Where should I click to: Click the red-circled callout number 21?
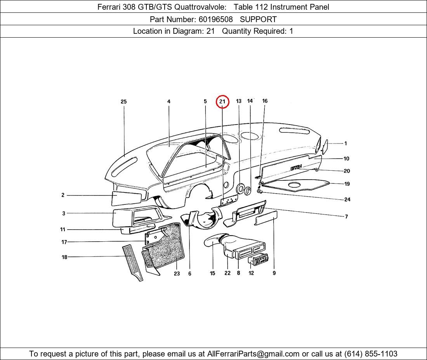coord(222,102)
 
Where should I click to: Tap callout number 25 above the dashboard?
coord(123,102)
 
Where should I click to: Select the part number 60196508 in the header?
coord(216,19)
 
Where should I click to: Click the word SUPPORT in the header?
coord(258,19)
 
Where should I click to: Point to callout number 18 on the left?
coord(64,257)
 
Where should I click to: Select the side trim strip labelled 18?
coord(133,263)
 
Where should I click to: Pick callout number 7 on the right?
coord(346,216)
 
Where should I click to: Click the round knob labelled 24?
coord(260,192)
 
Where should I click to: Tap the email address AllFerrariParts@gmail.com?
coord(253,354)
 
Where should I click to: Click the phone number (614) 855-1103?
coord(371,354)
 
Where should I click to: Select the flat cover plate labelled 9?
coord(266,218)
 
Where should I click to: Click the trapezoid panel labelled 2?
coord(127,198)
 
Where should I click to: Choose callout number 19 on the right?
coord(347,184)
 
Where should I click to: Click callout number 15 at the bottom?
coord(212,273)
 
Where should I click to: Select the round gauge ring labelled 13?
coord(240,189)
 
